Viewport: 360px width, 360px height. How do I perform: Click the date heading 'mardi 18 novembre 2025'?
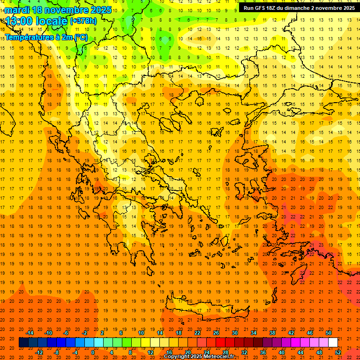click(58, 10)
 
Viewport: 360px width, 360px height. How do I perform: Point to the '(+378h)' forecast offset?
click(83, 21)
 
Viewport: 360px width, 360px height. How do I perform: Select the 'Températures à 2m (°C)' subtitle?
click(46, 37)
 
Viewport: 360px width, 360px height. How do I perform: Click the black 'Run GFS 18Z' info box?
click(299, 7)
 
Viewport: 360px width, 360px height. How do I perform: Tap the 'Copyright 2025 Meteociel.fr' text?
click(199, 357)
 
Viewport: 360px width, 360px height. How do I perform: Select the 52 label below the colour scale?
click(338, 352)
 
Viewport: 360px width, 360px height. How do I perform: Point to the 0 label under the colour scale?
click(92, 352)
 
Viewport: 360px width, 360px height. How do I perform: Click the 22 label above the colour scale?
click(197, 333)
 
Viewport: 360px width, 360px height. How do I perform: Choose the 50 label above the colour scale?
click(329, 333)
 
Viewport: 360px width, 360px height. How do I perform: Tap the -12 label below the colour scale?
click(39, 352)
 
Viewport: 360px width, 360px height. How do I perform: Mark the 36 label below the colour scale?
click(263, 352)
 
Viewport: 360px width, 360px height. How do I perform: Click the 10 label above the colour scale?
click(141, 333)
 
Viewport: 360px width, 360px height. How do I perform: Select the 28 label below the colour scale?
click(225, 352)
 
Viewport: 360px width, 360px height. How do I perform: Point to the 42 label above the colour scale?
click(291, 333)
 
